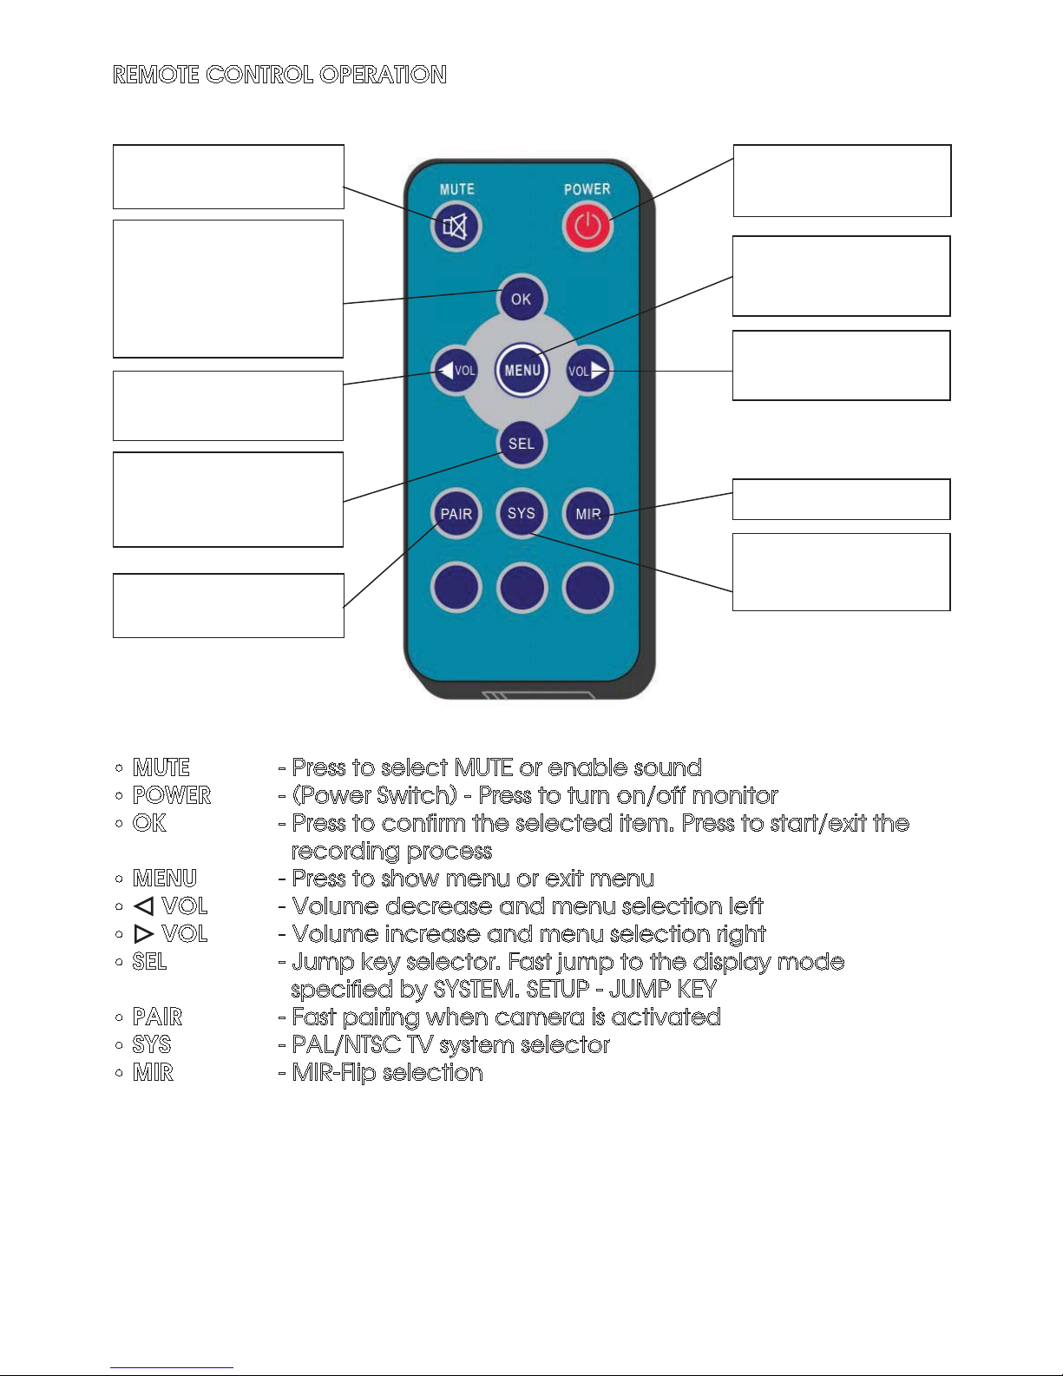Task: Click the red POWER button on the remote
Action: [x=587, y=227]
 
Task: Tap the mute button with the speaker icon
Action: [x=456, y=227]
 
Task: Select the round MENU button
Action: [x=522, y=371]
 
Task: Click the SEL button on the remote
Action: [x=522, y=444]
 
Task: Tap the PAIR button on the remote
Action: [x=456, y=514]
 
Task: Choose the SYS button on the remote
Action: [x=522, y=513]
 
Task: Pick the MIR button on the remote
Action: [x=587, y=514]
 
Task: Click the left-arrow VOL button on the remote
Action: [x=456, y=371]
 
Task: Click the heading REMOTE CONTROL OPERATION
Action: [x=279, y=75]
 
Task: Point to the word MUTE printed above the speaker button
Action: [x=456, y=189]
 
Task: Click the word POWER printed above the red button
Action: [x=587, y=189]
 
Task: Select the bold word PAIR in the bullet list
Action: [x=157, y=1017]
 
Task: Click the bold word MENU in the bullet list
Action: [x=164, y=879]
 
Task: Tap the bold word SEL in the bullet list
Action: [x=149, y=961]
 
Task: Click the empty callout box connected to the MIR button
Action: [x=841, y=499]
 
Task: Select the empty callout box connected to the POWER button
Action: [x=842, y=181]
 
